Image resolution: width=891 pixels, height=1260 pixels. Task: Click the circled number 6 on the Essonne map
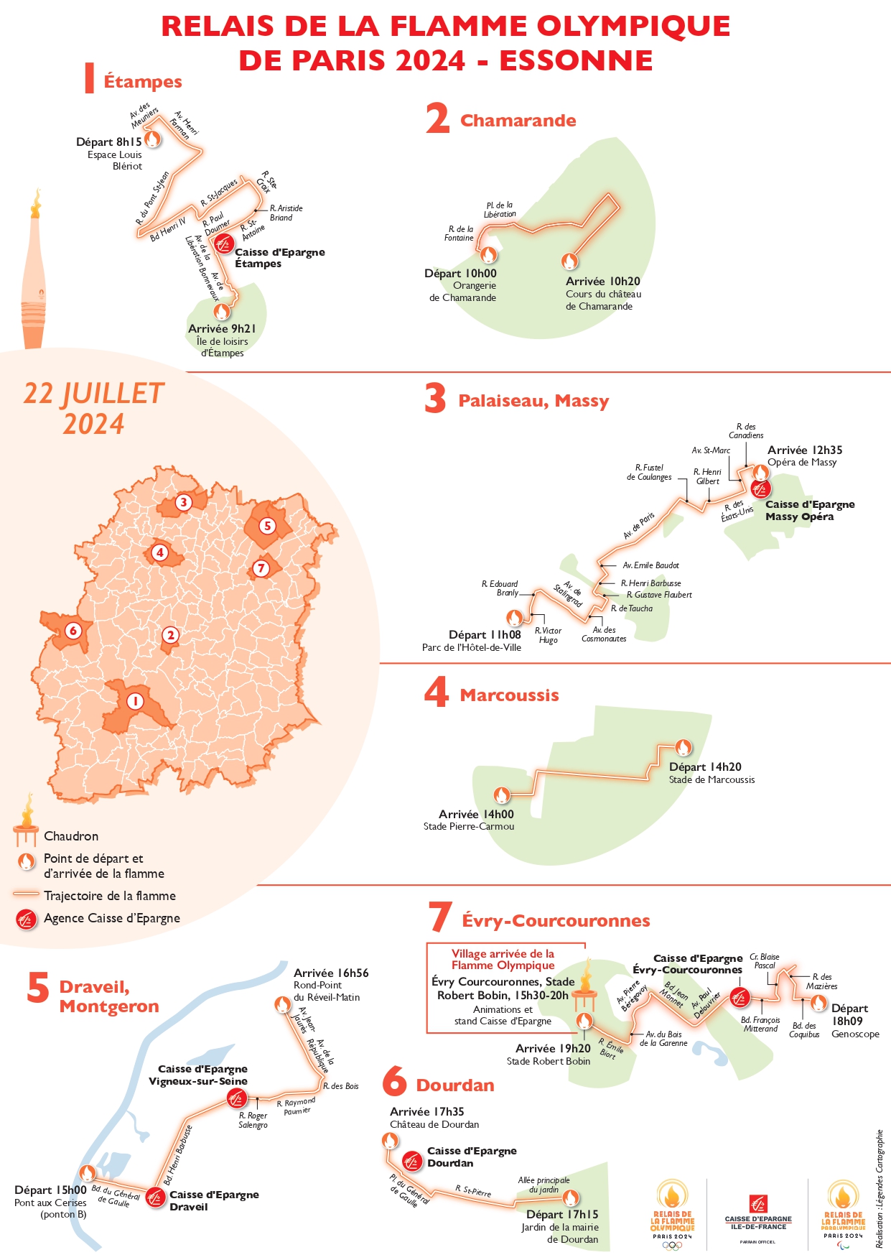[73, 631]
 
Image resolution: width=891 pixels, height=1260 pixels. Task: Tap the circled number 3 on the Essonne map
[184, 502]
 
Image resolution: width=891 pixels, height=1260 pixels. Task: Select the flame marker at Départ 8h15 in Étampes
[152, 139]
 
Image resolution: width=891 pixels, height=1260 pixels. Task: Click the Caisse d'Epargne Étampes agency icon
[223, 244]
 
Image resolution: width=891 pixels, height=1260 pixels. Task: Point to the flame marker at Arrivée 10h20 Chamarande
[569, 261]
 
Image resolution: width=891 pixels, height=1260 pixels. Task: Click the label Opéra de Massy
[802, 463]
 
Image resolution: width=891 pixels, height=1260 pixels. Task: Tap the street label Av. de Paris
[639, 526]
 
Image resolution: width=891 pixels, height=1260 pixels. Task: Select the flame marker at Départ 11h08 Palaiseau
[514, 618]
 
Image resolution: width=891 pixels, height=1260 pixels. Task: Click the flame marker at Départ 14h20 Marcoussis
[683, 748]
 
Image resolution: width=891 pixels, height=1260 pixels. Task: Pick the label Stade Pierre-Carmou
[469, 827]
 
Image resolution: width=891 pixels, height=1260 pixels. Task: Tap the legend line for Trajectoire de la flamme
[26, 895]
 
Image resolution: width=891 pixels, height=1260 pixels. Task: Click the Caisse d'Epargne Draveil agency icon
[155, 1198]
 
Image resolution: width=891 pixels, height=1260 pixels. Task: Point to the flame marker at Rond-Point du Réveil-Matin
[283, 1004]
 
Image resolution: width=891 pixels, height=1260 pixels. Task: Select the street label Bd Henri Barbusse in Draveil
[178, 1155]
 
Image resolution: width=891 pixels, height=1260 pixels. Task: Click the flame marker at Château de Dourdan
[390, 1141]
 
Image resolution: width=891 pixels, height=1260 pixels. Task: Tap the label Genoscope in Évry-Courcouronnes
[855, 1034]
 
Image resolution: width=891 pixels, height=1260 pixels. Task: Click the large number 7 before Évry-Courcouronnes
[439, 917]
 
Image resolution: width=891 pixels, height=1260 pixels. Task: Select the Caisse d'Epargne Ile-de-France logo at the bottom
[758, 1213]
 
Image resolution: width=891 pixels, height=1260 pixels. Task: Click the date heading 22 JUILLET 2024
[94, 408]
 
